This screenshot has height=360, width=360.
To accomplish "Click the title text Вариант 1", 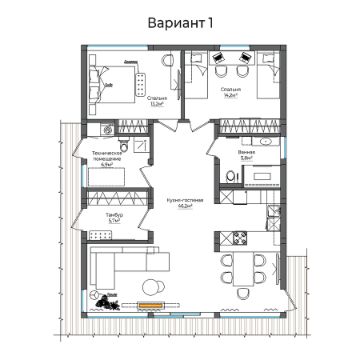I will [x=180, y=22].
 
